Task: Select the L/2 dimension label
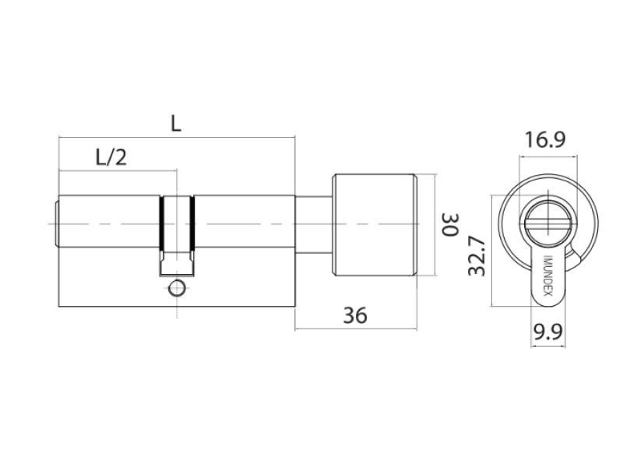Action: pyautogui.click(x=111, y=157)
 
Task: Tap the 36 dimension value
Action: pyautogui.click(x=355, y=315)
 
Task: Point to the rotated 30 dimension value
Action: pyautogui.click(x=451, y=225)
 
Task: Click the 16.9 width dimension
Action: pyautogui.click(x=544, y=140)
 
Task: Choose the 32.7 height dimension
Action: pyautogui.click(x=477, y=256)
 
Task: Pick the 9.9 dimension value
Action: pyautogui.click(x=547, y=332)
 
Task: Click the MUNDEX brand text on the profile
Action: pyautogui.click(x=547, y=276)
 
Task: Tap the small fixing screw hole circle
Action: pyautogui.click(x=177, y=289)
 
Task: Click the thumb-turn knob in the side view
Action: pyautogui.click(x=375, y=225)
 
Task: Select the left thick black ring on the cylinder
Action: pyautogui.click(x=161, y=223)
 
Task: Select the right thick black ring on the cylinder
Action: pyautogui.click(x=192, y=223)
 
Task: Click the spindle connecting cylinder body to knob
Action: pyautogui.click(x=314, y=225)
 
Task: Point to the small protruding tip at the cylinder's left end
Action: pyautogui.click(x=56, y=224)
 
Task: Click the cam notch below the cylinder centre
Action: pyautogui.click(x=177, y=263)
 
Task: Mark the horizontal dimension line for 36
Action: pyautogui.click(x=356, y=328)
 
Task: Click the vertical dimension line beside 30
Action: pyautogui.click(x=435, y=224)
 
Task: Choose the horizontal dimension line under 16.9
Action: pyautogui.click(x=548, y=157)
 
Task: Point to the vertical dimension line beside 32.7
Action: pyautogui.click(x=492, y=251)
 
